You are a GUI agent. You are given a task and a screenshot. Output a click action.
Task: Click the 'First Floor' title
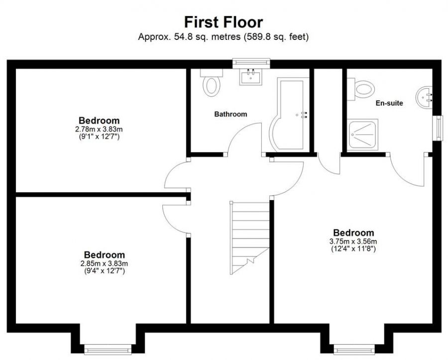point(223,22)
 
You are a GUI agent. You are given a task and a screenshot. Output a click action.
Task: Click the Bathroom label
point(230,114)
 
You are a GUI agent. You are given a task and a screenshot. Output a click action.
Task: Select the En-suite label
point(389,103)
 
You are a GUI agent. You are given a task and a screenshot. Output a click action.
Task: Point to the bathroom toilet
point(211,83)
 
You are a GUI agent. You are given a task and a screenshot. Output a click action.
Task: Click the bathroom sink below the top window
point(251,77)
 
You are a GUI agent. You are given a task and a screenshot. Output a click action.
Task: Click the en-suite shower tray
point(363,133)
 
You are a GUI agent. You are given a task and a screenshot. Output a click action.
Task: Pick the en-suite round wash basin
point(425,97)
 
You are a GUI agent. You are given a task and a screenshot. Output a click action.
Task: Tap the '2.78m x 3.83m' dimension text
point(99,128)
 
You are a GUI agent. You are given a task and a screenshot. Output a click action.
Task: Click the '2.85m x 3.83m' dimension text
point(104,263)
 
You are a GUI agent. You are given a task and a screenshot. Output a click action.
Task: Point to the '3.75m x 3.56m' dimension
point(354,241)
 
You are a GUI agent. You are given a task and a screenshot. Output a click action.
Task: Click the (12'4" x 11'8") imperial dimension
point(354,248)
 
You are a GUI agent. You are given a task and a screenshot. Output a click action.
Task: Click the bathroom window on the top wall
point(251,63)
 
